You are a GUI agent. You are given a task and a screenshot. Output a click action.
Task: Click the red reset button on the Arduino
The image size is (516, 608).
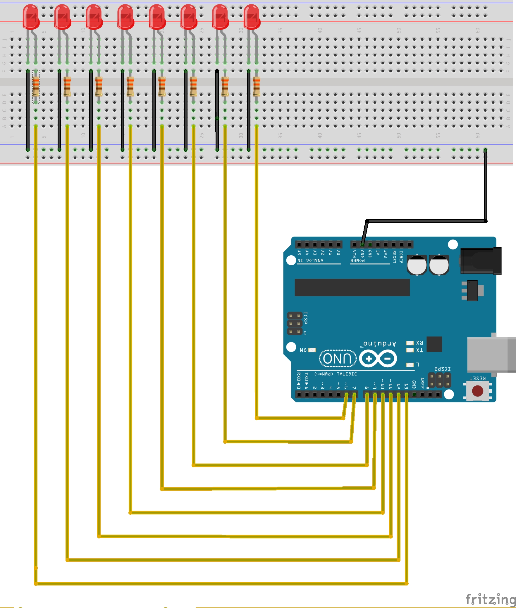pyautogui.click(x=477, y=391)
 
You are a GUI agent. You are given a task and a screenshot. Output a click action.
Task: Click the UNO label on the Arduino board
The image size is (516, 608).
pyautogui.click(x=338, y=359)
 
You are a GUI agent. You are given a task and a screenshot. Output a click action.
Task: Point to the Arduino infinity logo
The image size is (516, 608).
pyautogui.click(x=378, y=359)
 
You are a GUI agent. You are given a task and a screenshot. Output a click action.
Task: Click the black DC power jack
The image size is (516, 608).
pyautogui.click(x=480, y=261)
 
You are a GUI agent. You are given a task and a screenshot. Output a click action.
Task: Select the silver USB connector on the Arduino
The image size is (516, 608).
pyautogui.click(x=491, y=355)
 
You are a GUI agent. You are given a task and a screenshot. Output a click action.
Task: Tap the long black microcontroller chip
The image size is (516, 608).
pyautogui.click(x=352, y=287)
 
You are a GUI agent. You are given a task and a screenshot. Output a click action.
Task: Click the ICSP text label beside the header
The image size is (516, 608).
pyautogui.click(x=305, y=318)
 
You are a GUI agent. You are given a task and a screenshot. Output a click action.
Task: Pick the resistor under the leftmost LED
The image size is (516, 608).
pyautogui.click(x=36, y=86)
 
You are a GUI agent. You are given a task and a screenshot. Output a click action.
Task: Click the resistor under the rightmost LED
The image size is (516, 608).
pyautogui.click(x=257, y=86)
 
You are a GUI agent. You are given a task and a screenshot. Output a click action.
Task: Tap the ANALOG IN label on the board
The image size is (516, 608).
pyautogui.click(x=310, y=261)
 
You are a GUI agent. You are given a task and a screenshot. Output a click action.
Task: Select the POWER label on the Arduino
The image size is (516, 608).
pyautogui.click(x=357, y=261)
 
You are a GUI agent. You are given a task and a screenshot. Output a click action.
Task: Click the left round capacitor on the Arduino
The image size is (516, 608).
pyautogui.click(x=417, y=265)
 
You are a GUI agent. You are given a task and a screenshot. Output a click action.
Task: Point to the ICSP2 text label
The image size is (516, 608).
pyautogui.click(x=442, y=369)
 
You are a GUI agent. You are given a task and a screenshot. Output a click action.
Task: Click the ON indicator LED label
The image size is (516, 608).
pyautogui.click(x=303, y=350)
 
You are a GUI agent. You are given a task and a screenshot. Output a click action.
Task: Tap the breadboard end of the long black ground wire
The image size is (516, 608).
pyautogui.click(x=485, y=150)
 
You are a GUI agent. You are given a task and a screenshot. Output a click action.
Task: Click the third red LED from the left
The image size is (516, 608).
pyautogui.click(x=94, y=17)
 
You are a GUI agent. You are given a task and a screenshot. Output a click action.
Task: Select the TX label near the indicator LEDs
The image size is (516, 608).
pyautogui.click(x=419, y=350)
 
